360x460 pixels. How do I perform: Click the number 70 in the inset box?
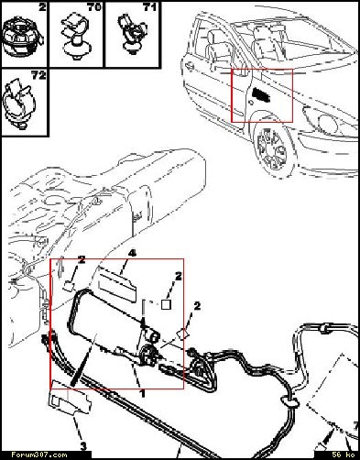coord(94,6)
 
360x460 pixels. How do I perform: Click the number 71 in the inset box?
coord(149,6)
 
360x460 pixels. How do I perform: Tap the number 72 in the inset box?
coord(38,75)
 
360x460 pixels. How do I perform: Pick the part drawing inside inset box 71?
coord(132,34)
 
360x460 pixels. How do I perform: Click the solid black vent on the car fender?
coord(261,94)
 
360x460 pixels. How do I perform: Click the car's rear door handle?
coord(189,65)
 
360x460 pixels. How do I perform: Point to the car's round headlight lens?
coord(327,123)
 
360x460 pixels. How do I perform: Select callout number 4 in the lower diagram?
coord(132,253)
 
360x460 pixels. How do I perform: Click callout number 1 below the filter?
coord(142,393)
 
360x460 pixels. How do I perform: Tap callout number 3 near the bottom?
coord(83,446)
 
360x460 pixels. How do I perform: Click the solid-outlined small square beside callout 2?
coord(166,304)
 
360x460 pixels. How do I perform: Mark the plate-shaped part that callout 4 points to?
coord(117,284)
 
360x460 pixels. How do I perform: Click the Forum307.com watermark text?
coord(39,455)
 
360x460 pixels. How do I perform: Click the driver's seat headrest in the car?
coord(211,37)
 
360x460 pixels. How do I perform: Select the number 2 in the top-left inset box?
coord(42,6)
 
